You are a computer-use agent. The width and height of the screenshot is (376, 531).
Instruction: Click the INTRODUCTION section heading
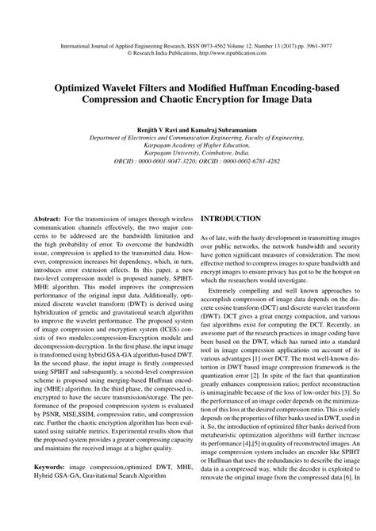(x=231, y=218)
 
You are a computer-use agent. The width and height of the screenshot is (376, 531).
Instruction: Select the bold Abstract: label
(x=50, y=217)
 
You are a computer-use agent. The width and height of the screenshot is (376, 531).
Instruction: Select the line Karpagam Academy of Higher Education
(x=187, y=143)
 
